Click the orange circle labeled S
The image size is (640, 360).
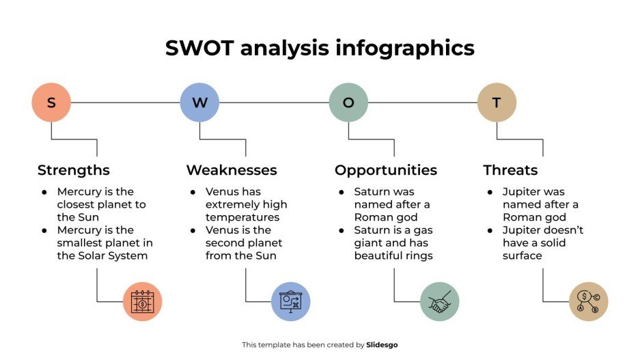point(51,102)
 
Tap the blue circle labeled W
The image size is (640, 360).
point(199,102)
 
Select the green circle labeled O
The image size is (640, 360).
point(348,102)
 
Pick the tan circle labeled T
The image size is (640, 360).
point(497,102)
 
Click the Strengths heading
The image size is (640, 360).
point(73,170)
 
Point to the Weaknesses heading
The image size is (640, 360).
point(232,170)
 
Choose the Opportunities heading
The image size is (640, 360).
point(385,170)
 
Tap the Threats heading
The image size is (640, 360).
point(510,170)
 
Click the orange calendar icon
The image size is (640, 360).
point(143,301)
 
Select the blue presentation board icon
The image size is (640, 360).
point(291,301)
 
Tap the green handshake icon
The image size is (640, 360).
point(440,301)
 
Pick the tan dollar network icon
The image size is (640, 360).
point(588,301)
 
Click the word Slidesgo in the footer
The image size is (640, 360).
point(382,345)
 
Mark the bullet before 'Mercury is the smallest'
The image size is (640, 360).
point(44,230)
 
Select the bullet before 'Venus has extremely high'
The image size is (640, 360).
point(193,192)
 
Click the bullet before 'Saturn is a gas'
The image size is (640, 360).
point(342,230)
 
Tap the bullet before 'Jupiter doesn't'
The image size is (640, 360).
point(490,230)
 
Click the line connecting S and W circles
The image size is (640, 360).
point(125,102)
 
